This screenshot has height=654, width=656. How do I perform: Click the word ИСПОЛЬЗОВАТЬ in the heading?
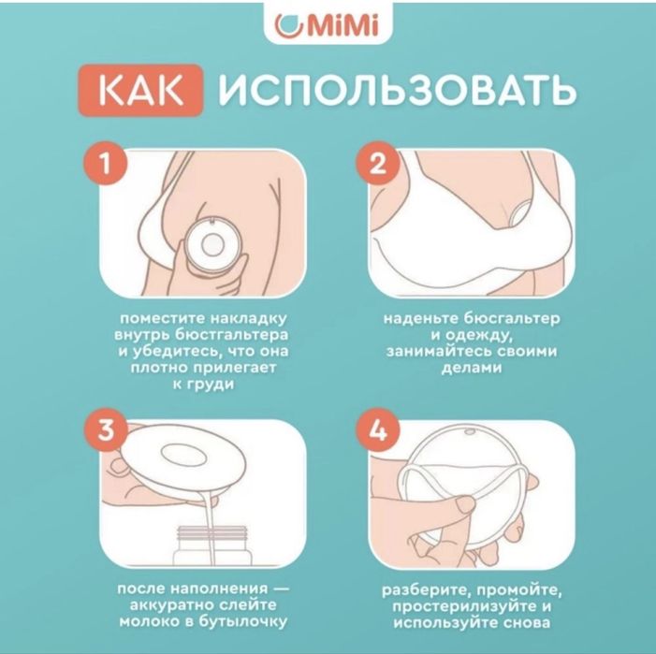tap(397, 93)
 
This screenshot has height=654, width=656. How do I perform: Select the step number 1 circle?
tap(111, 164)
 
